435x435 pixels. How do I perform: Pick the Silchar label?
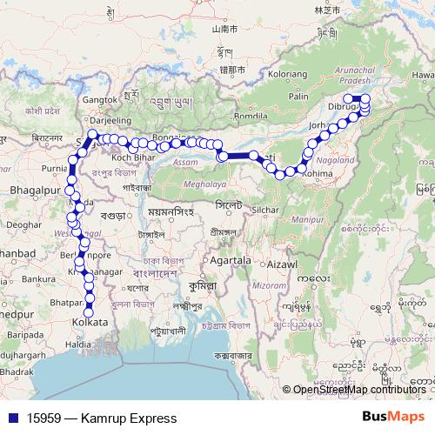pyautogui.click(x=267, y=211)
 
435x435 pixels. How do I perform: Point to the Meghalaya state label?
pyautogui.click(x=206, y=185)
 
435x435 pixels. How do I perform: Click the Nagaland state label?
pyautogui.click(x=337, y=161)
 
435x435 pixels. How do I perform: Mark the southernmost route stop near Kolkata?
pyautogui.click(x=88, y=312)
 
